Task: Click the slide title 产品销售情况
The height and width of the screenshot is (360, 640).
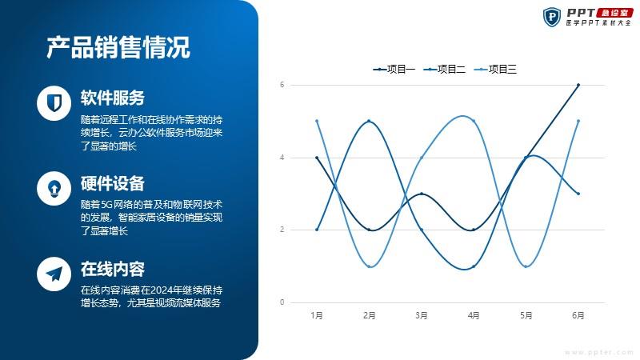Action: point(118,47)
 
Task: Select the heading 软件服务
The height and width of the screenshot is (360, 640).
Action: point(113,98)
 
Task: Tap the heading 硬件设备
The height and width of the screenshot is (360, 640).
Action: point(113,183)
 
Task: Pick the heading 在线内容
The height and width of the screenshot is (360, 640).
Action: point(113,269)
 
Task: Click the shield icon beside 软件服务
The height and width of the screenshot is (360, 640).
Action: point(54,103)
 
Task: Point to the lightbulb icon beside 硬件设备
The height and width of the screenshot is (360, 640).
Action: point(54,188)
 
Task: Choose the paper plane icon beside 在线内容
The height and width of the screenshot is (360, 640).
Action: point(54,274)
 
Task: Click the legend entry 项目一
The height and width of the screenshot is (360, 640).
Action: point(394,70)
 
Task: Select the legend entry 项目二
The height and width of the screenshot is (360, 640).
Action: point(445,70)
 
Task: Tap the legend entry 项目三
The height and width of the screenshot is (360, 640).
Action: point(495,70)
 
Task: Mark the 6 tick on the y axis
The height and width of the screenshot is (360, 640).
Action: point(282,85)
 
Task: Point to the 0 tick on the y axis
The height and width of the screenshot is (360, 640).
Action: point(282,302)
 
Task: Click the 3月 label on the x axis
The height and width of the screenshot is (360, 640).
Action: point(422,315)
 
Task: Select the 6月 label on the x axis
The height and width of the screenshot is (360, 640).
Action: point(578,315)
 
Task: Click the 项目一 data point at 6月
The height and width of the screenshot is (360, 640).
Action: point(578,85)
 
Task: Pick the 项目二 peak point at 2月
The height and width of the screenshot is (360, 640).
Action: point(369,121)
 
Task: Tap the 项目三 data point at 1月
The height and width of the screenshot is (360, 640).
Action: point(317,121)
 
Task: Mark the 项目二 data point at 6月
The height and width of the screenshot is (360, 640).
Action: point(578,194)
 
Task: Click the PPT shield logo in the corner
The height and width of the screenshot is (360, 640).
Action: point(552,17)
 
